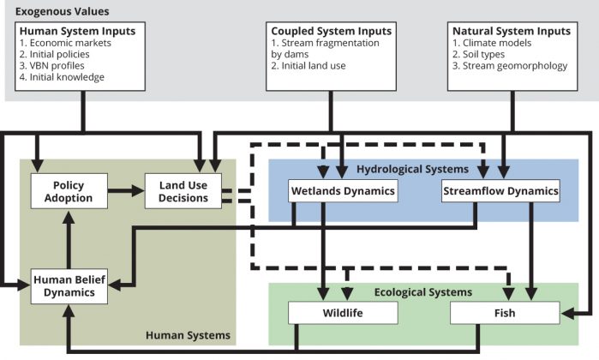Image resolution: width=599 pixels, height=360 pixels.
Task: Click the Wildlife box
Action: [342, 313]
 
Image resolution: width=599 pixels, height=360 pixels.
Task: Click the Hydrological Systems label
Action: [413, 170]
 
